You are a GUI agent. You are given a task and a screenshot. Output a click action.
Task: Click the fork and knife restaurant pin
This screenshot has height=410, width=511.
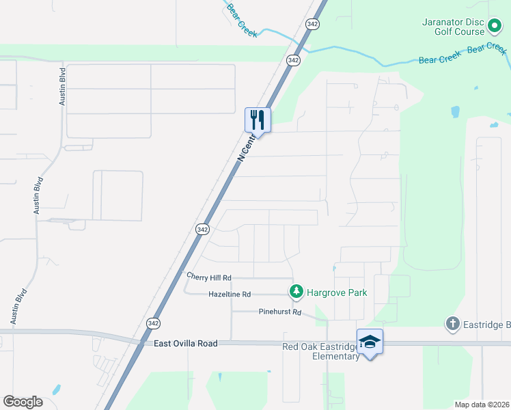click(258, 120)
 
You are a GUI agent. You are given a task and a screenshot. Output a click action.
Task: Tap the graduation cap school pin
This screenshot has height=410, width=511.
click(370, 341)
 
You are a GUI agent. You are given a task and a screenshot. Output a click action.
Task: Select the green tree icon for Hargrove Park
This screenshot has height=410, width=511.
click(296, 292)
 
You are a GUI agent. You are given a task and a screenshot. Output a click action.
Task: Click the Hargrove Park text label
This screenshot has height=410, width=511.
click(336, 292)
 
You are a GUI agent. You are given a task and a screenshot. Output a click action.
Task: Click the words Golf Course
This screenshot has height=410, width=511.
click(459, 31)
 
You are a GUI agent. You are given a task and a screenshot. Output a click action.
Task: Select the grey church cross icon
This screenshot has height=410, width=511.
click(452, 323)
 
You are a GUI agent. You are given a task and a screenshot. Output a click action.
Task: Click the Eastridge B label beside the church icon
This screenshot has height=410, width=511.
click(486, 323)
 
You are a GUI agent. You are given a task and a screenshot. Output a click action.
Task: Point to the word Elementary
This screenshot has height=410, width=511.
click(335, 356)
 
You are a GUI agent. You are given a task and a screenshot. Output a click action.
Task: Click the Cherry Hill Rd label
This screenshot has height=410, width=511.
click(210, 277)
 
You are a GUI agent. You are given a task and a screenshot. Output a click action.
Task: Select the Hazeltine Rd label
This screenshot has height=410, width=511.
click(230, 294)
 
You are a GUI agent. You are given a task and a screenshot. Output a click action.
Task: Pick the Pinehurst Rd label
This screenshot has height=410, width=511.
click(279, 312)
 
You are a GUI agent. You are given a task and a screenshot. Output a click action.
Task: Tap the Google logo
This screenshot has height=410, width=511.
click(23, 402)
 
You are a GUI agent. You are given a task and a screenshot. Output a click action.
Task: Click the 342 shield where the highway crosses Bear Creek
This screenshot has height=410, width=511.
click(294, 60)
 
